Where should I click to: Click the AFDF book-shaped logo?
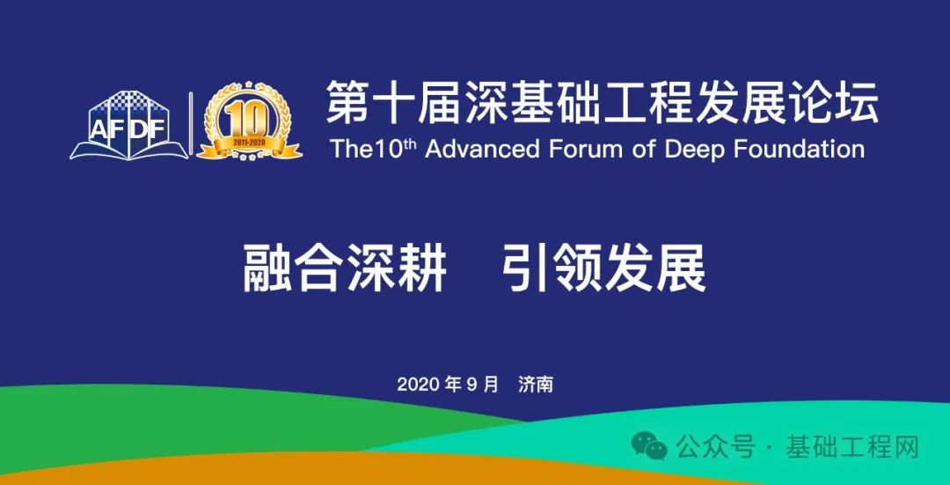(x=129, y=125)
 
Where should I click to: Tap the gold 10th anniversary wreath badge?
(x=249, y=121)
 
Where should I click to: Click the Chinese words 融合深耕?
(x=345, y=268)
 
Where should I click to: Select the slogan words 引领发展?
(x=604, y=268)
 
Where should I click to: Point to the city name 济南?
(x=536, y=385)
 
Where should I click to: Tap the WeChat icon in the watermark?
(x=649, y=447)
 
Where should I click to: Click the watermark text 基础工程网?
(x=851, y=447)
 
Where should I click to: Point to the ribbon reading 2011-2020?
(x=249, y=144)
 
